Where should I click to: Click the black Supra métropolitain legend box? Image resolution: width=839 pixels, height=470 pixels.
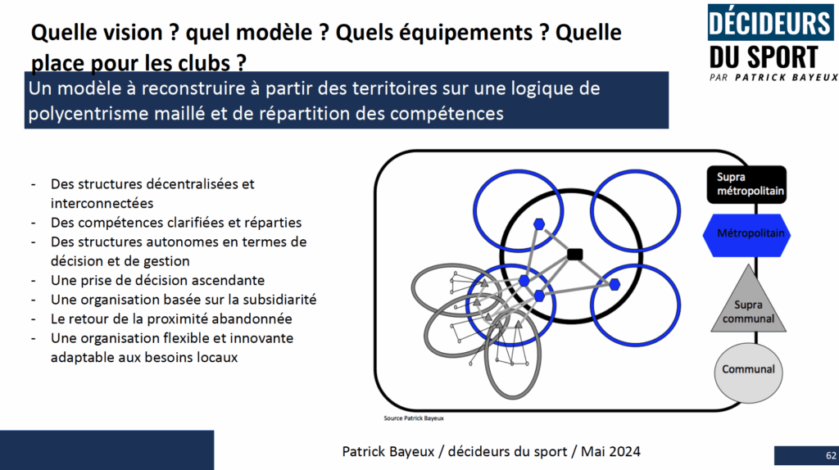pos(746,184)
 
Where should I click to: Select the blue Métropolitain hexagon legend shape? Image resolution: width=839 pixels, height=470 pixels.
pos(746,235)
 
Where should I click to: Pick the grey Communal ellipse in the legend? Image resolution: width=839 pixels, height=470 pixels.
pos(748,372)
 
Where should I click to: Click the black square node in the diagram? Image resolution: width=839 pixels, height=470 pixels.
pos(574,254)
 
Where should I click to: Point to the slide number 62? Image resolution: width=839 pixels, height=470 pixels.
pos(831,455)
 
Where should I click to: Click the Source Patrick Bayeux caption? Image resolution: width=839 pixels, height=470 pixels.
pos(414,418)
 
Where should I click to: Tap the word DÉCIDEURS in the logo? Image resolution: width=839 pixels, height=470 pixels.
pos(770,24)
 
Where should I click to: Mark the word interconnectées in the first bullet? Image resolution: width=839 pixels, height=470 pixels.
pos(102,203)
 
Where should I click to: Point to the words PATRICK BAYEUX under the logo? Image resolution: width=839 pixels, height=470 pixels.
pos(787,78)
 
